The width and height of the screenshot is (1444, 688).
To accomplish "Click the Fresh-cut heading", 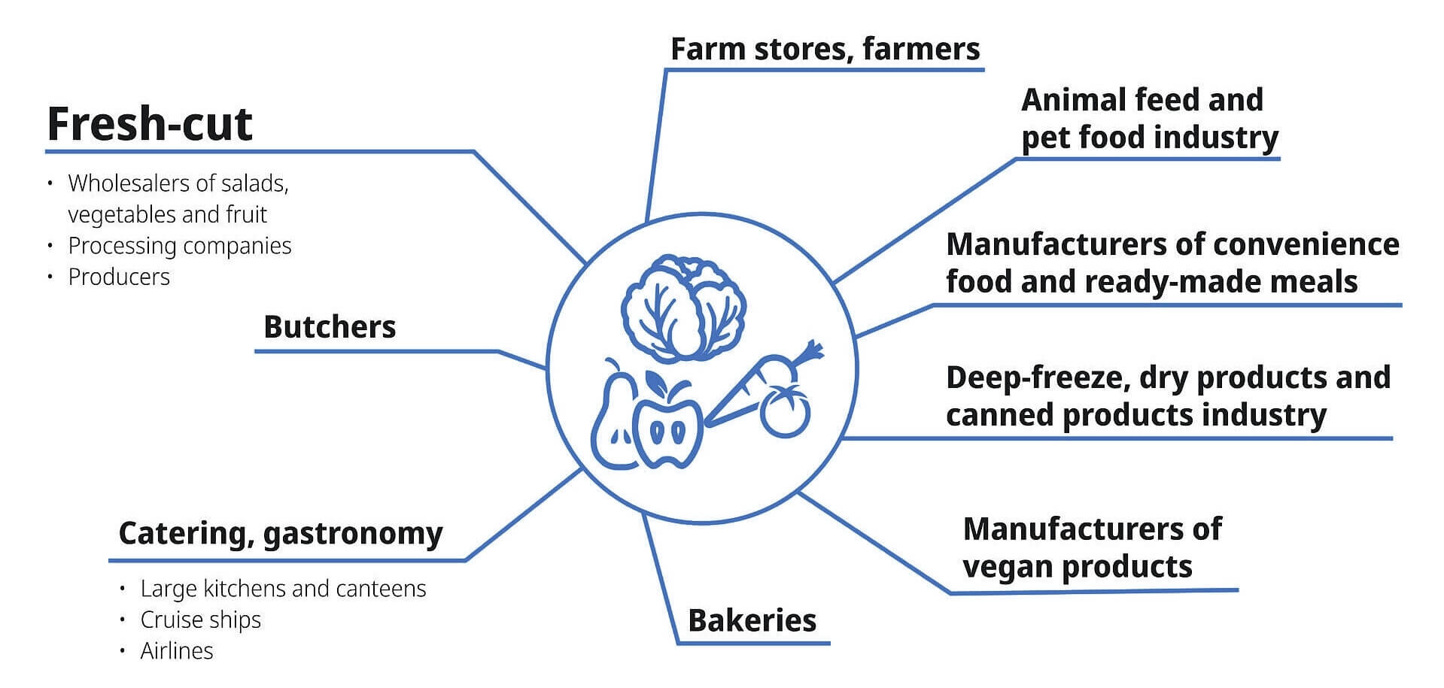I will pos(149,124).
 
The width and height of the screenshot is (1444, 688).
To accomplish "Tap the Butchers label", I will pos(330,327).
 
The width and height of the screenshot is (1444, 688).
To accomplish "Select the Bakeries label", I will pos(752,621).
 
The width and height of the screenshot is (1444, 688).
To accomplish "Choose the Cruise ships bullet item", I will pos(200,620).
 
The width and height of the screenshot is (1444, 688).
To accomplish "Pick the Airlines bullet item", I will pos(177,650).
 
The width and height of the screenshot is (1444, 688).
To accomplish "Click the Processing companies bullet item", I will pos(179,246).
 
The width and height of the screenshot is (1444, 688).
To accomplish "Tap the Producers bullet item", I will pos(119,277).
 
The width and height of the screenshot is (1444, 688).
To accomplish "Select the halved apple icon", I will pos(667,429).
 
